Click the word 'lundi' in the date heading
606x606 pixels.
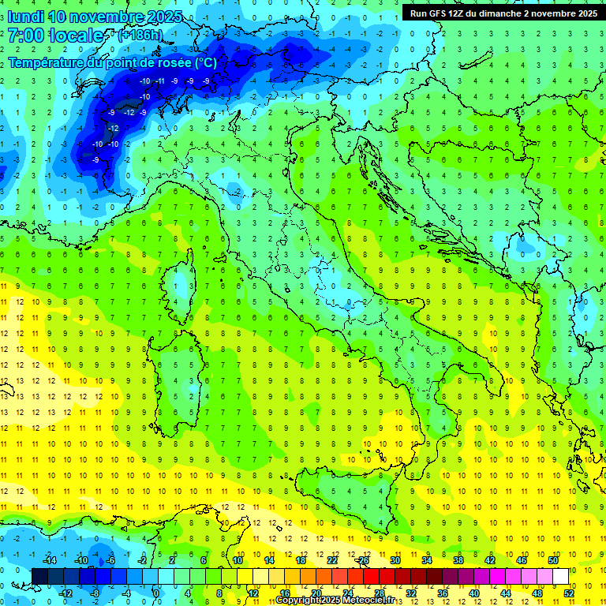point(25,17)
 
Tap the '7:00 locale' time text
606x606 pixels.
point(55,36)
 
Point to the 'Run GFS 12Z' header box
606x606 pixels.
point(503,13)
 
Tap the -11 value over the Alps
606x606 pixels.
point(159,81)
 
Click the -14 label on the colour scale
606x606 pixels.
point(49,560)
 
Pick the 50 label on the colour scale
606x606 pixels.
point(553,560)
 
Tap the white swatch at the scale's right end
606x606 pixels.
point(560,577)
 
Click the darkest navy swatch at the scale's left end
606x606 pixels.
point(40,577)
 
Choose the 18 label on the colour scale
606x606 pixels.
point(301,560)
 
